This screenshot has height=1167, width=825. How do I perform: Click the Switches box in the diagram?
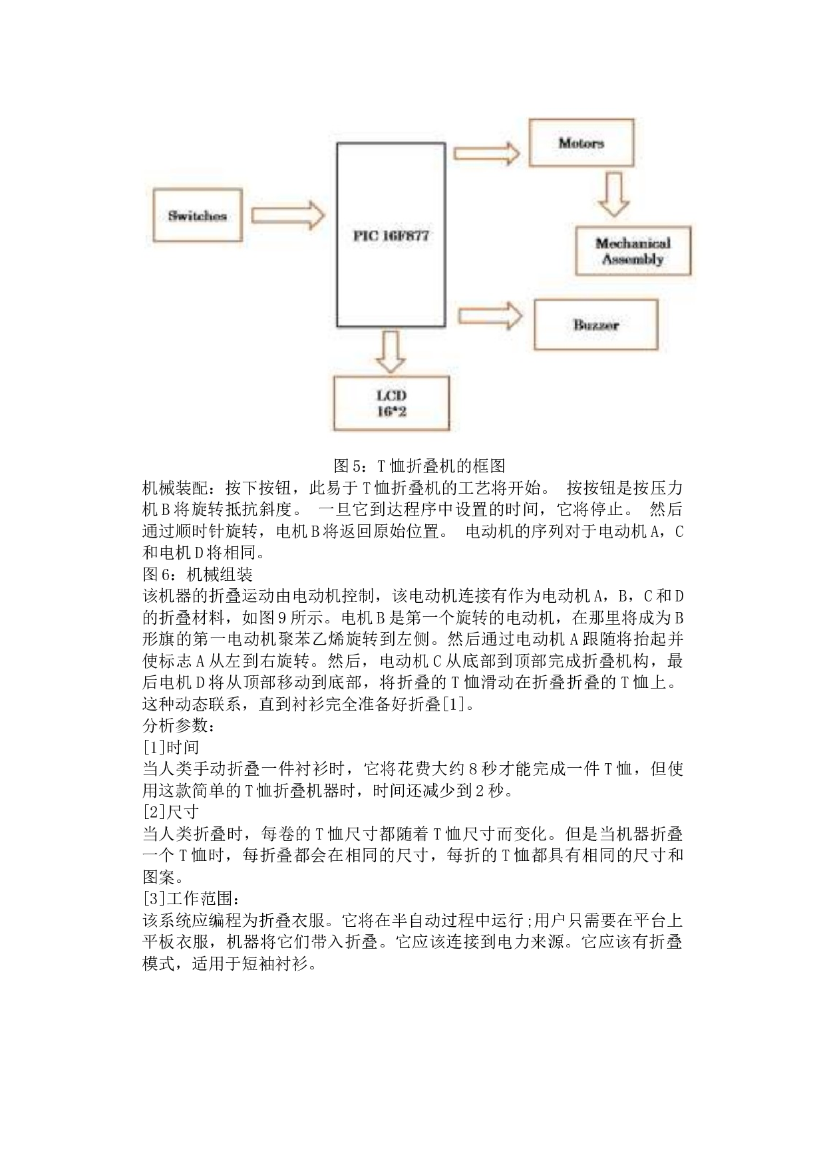pos(198,216)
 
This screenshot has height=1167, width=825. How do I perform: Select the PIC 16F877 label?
pos(391,236)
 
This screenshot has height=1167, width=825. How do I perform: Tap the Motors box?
pos(581,142)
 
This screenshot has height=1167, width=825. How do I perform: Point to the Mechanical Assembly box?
pos(633,251)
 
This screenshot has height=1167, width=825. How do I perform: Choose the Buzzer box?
pos(596,325)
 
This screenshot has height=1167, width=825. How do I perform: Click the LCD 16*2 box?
pos(391,403)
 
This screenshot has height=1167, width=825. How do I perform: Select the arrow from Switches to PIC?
pos(287,216)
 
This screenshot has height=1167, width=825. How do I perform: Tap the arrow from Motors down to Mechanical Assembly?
pos(613,194)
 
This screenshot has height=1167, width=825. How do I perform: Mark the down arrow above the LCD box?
pos(391,352)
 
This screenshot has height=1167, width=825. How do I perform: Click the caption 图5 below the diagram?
pos(419,465)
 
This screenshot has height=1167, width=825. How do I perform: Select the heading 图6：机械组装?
pos(198,574)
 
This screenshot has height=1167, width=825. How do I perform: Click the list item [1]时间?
pos(171,747)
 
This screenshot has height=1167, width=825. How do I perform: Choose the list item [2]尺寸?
pos(171,812)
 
